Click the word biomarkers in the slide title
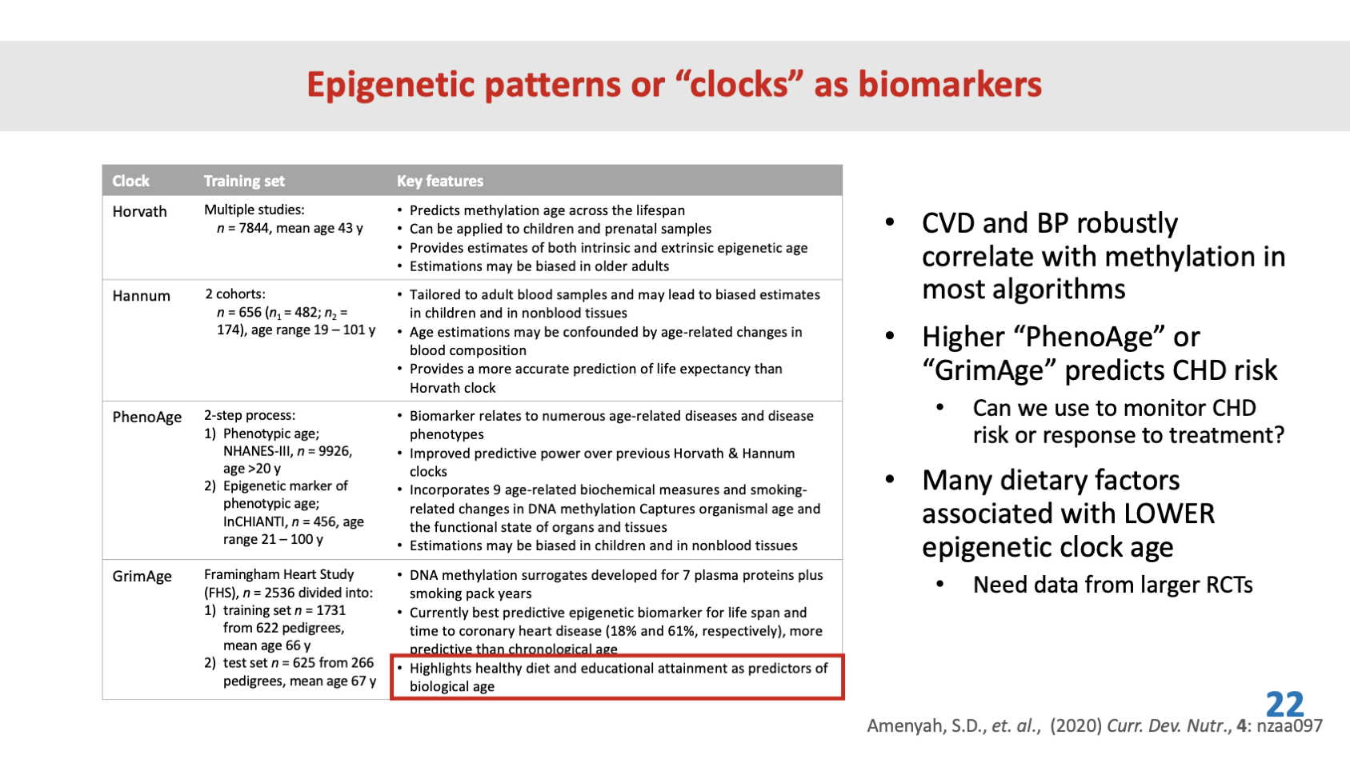(950, 85)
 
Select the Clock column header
(130, 182)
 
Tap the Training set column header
(244, 182)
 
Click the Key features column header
(440, 182)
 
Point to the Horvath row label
(139, 212)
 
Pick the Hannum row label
(141, 296)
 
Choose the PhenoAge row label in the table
(146, 417)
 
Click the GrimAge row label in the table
(142, 577)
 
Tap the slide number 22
(1284, 705)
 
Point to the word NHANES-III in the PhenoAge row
(258, 452)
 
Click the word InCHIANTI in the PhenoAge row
(254, 522)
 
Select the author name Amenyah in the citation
(904, 726)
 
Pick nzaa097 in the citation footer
(1289, 726)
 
